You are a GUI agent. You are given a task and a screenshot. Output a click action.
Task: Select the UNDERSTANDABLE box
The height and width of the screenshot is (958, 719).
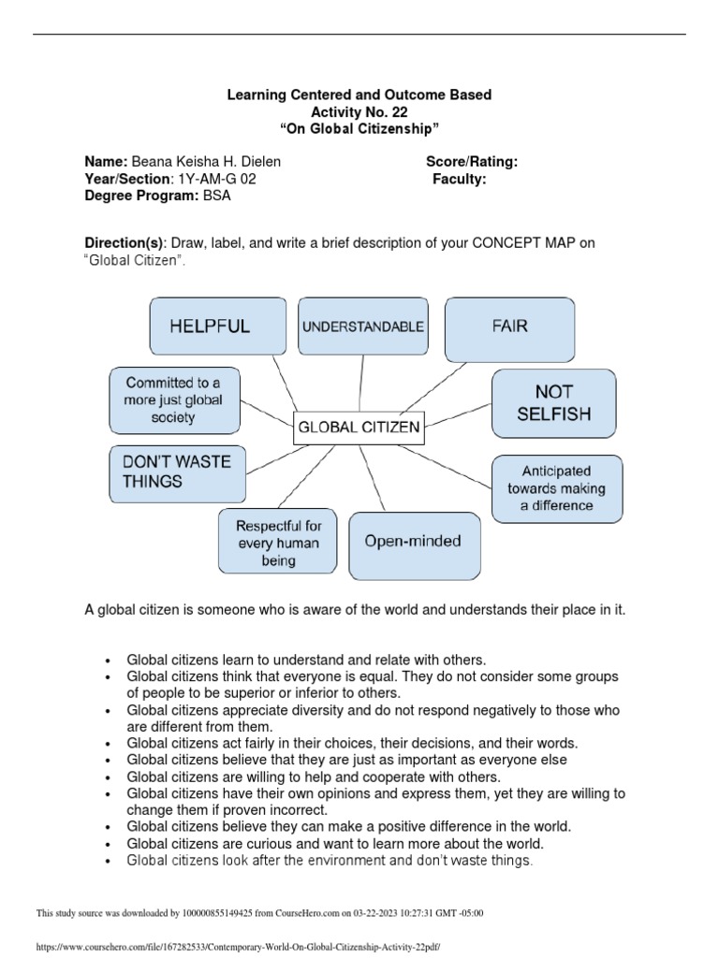362,327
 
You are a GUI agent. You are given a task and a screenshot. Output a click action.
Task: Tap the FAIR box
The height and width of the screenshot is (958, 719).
508,327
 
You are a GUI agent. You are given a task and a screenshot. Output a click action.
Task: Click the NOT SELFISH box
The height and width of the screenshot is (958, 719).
554,402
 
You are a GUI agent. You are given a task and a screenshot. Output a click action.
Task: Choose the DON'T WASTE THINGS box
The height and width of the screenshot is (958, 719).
176,471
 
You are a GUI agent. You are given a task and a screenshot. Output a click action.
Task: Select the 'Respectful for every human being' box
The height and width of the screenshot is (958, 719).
278,543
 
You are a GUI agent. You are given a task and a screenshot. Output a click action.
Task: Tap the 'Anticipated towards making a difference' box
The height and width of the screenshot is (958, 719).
556,488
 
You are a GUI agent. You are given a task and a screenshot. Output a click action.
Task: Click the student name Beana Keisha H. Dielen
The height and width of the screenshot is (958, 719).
206,162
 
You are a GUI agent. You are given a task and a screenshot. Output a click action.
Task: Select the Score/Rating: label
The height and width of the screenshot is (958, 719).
472,162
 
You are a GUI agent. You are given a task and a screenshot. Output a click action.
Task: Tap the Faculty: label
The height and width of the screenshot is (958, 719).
459,180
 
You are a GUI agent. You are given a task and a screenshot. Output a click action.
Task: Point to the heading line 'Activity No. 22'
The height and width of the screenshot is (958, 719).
360,111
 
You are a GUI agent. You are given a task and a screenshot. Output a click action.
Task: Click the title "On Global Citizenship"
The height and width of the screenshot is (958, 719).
360,128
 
